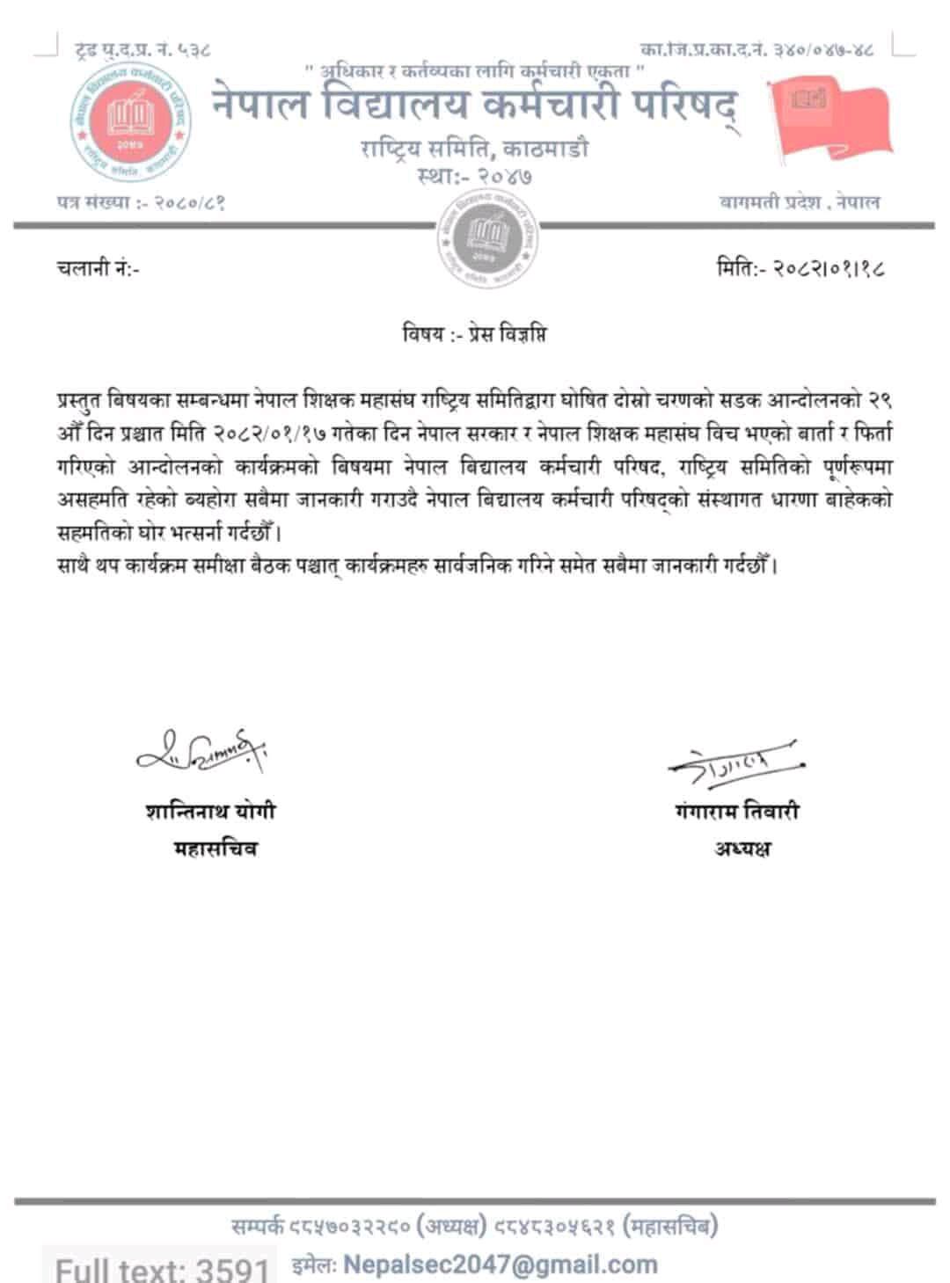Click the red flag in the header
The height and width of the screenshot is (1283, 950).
coord(828,120)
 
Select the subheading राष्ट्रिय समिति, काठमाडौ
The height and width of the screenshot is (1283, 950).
coord(474,148)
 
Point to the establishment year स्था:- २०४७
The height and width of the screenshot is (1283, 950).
coord(474,176)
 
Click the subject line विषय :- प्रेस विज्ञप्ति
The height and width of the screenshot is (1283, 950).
coord(474,335)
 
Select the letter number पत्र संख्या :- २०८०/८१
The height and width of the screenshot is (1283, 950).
coord(139,202)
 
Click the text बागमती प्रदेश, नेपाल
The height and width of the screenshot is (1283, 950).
coord(799,202)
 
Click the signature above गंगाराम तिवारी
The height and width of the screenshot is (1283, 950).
coord(737,762)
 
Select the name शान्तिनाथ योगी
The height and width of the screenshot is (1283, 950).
coord(210,810)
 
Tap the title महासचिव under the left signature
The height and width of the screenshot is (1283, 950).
coord(216,849)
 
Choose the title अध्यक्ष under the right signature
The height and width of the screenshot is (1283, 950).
coord(742,849)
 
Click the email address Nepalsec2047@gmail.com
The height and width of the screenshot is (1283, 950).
coord(501,1265)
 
